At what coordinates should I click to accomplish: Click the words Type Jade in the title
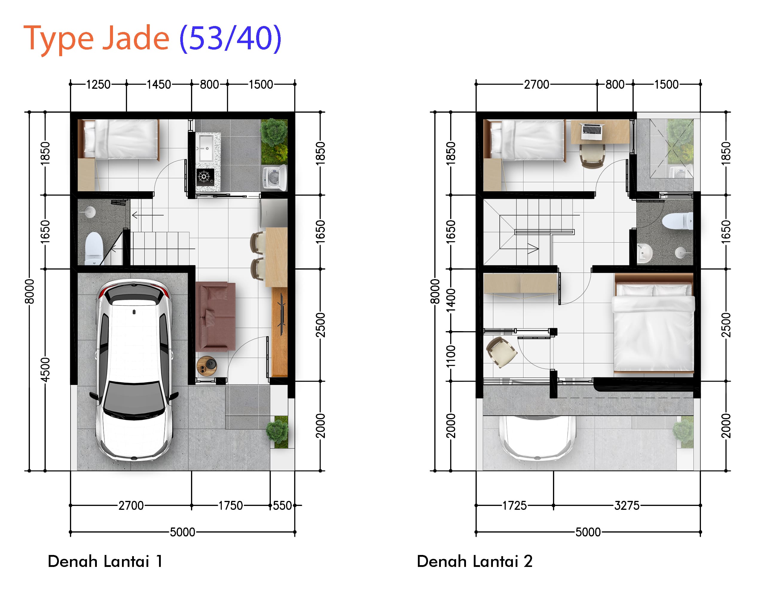(x=96, y=39)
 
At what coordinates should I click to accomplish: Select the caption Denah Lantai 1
(x=105, y=561)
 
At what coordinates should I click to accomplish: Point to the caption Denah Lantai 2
(x=474, y=561)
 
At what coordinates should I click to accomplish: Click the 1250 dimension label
(x=98, y=84)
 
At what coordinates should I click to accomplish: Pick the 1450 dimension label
(x=159, y=84)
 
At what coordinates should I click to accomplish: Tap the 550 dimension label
(x=282, y=506)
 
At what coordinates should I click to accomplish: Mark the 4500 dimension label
(x=45, y=370)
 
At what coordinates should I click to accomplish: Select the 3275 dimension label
(x=627, y=506)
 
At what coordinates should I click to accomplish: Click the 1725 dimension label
(x=514, y=506)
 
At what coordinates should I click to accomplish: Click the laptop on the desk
(x=592, y=130)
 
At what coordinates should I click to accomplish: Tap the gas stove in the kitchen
(x=204, y=176)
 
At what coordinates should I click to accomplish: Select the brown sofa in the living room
(x=215, y=316)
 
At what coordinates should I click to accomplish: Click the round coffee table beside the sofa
(x=206, y=366)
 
